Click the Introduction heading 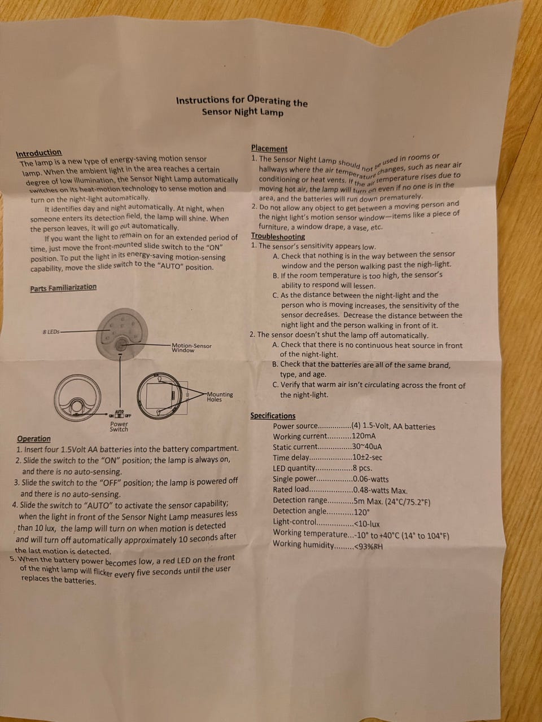tap(39, 153)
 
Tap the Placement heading tap(269, 149)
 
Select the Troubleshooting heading tap(278, 236)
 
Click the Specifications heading tap(273, 416)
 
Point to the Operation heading tap(34, 439)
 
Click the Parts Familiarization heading tap(63, 288)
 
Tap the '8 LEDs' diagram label tap(51, 332)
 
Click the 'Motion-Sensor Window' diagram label tap(191, 348)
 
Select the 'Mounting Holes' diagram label tap(220, 397)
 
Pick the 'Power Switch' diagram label tap(119, 426)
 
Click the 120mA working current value tap(364, 436)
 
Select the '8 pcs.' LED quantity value tap(362, 468)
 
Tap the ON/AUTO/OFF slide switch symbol tap(119, 414)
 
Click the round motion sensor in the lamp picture tap(121, 345)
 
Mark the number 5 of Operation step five tap(12, 559)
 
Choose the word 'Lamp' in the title tap(272, 113)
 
